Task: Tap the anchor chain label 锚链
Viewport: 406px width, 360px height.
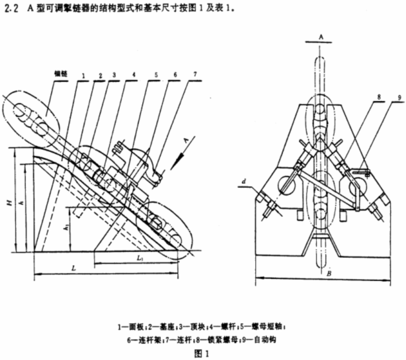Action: click(x=61, y=73)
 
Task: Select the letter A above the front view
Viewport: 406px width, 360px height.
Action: click(x=321, y=37)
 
